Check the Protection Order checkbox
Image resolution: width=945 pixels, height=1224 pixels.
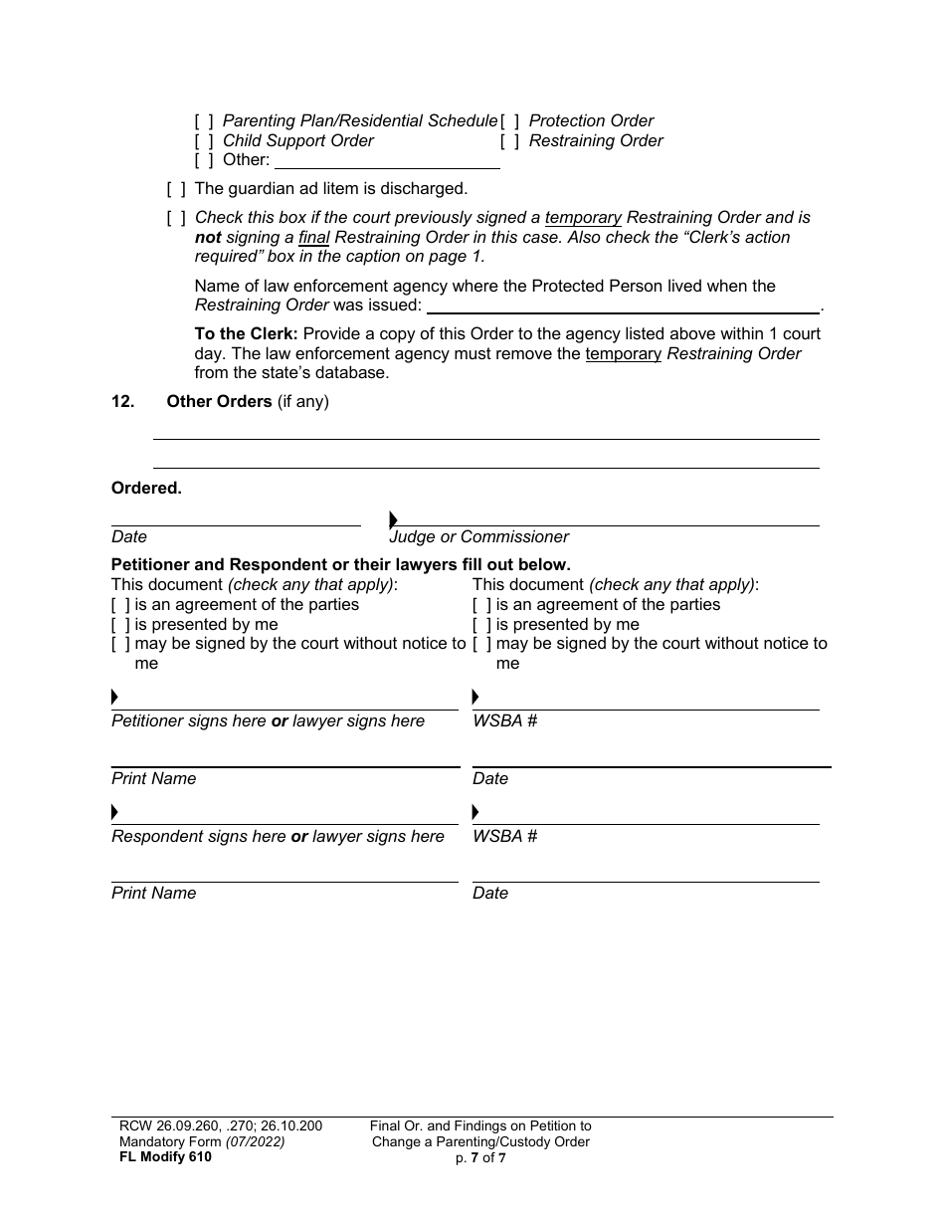[510, 121]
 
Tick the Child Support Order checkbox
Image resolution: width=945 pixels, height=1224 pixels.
[204, 141]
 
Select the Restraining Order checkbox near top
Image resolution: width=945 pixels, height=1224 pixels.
[510, 141]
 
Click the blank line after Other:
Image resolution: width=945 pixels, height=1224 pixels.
[386, 161]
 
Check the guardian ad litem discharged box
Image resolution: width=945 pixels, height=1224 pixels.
[176, 189]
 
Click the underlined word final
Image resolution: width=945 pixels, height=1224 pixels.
[313, 238]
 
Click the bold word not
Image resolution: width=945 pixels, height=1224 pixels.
[208, 238]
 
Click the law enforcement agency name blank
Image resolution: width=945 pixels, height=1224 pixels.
[623, 306]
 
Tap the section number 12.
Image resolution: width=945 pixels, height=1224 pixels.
[122, 402]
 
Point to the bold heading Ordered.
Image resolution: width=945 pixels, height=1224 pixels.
[146, 489]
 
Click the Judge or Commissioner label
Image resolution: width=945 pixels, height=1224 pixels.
[479, 537]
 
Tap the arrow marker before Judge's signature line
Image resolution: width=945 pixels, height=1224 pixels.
[394, 519]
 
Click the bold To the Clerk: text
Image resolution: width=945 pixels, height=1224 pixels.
[246, 334]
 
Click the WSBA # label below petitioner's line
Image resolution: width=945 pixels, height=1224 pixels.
[504, 721]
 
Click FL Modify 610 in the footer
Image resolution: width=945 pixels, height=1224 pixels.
[161, 1157]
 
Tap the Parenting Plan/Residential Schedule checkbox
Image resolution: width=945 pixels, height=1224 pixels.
[204, 121]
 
